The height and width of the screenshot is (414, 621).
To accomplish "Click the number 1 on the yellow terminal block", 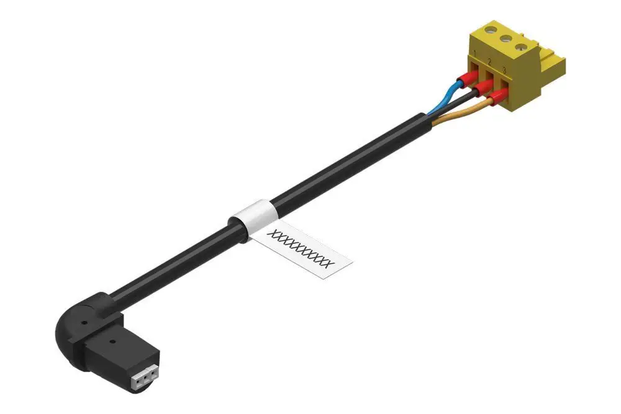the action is coord(475,53).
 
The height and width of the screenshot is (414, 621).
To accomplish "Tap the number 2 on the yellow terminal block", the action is coord(489,61).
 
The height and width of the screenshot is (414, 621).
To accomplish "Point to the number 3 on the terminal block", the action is coord(504,71).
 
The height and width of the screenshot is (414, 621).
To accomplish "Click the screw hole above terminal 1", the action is coord(491,29).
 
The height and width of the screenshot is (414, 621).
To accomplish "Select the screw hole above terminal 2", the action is coord(505,38).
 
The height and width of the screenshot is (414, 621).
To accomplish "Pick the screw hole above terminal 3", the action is coord(520,48).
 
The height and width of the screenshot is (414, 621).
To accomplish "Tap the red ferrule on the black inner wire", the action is coord(482,89).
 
